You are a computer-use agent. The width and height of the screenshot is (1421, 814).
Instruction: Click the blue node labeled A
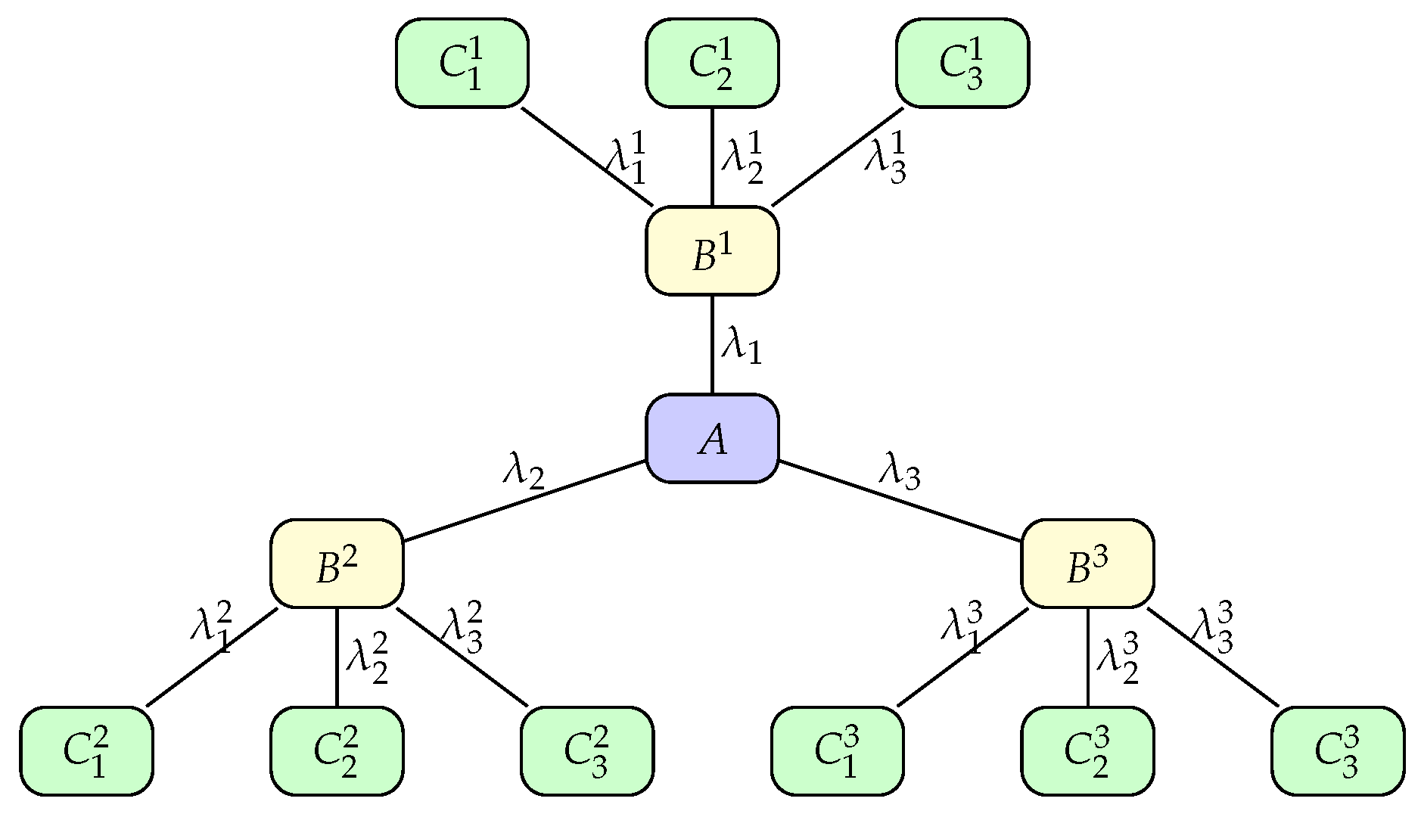712,438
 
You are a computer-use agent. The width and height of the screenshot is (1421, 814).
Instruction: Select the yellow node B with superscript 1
712,250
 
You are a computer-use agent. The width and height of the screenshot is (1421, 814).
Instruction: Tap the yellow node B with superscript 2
337,564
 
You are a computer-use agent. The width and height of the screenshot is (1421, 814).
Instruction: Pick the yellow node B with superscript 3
1087,564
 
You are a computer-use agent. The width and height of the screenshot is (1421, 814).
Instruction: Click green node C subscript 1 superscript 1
462,63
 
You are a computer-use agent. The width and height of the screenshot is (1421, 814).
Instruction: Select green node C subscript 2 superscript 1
712,63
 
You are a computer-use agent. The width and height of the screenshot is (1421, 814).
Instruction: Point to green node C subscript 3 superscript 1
962,63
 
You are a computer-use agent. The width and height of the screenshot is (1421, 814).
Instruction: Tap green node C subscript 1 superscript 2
86,751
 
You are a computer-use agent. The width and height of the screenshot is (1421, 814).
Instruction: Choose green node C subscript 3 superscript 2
587,751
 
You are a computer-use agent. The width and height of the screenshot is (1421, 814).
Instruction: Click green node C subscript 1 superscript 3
837,751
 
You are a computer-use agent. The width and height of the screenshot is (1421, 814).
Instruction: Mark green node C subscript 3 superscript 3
1338,751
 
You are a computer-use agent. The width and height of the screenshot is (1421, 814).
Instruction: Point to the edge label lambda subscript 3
899,471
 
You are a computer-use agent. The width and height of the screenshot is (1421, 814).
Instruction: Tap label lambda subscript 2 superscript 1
742,157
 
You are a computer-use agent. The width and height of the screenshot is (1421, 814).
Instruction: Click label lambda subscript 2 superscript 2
367,657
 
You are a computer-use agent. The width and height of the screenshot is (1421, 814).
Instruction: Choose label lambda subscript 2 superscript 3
1118,657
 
